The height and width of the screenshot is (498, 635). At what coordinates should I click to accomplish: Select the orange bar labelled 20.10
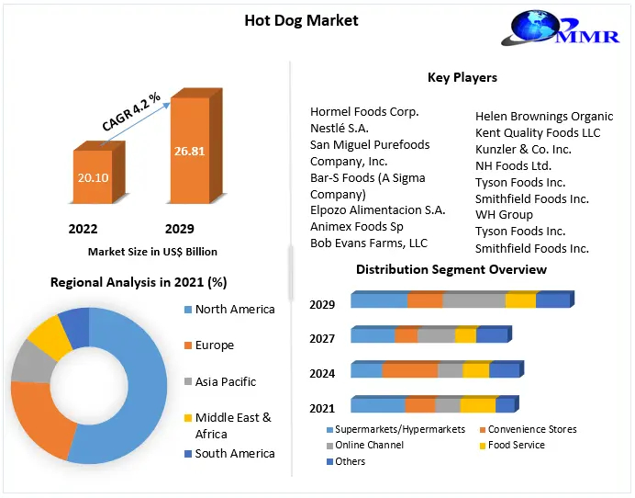[x=92, y=177]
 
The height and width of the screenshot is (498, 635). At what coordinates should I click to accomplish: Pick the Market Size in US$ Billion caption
[x=152, y=251]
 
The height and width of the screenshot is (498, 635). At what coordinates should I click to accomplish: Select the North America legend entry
[x=234, y=310]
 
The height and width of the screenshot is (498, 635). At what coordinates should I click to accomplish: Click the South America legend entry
[x=234, y=453]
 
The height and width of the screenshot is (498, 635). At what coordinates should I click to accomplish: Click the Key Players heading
[x=462, y=78]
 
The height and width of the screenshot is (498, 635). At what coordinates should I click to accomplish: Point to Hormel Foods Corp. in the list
[x=364, y=112]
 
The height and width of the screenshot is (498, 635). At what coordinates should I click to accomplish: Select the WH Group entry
[x=504, y=215]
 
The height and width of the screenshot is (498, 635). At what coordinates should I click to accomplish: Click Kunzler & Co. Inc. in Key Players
[x=523, y=149]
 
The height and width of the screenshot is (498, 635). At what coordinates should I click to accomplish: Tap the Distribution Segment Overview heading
[x=451, y=269]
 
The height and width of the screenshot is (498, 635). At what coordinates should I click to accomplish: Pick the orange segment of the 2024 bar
[x=409, y=370]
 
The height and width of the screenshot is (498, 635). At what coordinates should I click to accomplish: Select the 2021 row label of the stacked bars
[x=322, y=408]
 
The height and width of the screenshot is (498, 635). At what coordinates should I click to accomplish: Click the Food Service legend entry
[x=516, y=446]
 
